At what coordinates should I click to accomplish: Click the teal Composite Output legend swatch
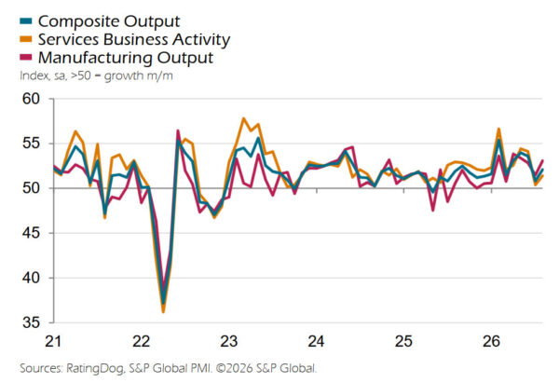pos(26,21)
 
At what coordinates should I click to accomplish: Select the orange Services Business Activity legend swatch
pos(26,39)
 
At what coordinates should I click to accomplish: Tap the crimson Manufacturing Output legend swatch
pos(26,58)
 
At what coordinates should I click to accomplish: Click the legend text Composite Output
pos(109,21)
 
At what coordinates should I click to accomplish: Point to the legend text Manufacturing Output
pos(126,58)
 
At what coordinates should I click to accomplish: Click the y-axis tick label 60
pos(32,99)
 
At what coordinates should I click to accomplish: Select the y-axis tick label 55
pos(32,144)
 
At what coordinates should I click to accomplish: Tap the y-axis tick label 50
pos(32,188)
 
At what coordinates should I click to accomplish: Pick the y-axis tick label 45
pos(32,233)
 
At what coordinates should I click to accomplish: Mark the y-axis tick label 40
pos(32,278)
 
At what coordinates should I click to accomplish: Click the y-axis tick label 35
pos(32,322)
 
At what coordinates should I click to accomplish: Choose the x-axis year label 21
pos(53,341)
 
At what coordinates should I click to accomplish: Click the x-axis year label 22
pos(141,341)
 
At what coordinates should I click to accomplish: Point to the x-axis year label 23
pos(228,341)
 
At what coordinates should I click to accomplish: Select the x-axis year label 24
pos(316,341)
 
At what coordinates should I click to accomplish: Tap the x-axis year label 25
pos(403,341)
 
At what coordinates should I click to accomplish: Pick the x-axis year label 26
pos(491,341)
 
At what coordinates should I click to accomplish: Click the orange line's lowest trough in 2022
pos(163,312)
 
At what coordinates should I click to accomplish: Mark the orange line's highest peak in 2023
pos(243,118)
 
